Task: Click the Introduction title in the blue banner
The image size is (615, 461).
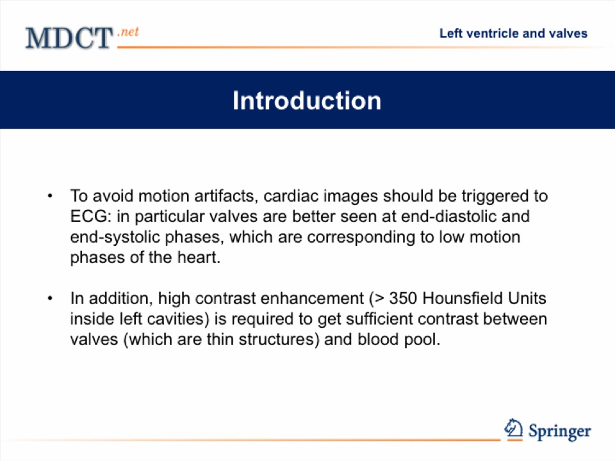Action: pos(307,101)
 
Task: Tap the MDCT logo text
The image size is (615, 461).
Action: pos(69,38)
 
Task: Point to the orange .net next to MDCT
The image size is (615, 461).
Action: pos(128,31)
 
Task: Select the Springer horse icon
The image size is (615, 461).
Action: pos(513,428)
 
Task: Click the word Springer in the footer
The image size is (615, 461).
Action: pos(560,432)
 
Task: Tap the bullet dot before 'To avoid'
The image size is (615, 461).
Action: pos(50,196)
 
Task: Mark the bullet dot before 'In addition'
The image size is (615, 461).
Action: pos(50,298)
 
